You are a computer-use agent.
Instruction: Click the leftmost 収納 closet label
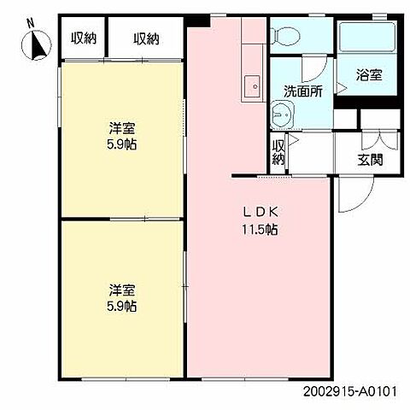coord(82,38)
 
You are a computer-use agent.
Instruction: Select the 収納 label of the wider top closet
coord(146,38)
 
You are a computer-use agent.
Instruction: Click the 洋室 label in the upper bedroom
coord(121,128)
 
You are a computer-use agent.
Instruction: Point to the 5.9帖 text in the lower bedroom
coord(121,306)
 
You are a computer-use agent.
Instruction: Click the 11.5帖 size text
coord(259,229)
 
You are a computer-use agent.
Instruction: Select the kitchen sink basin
coord(253,85)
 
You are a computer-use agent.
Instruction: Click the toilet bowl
coord(284,35)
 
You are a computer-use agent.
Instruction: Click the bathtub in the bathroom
coord(368,38)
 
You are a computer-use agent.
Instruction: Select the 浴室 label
coord(368,75)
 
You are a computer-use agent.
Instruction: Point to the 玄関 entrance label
coord(370,159)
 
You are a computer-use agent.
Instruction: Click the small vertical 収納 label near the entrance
coord(278,152)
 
